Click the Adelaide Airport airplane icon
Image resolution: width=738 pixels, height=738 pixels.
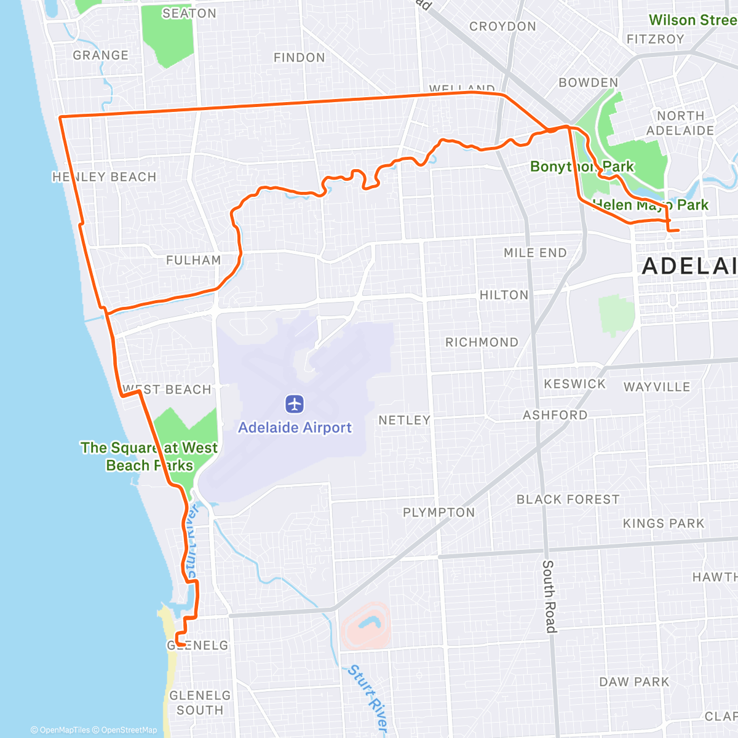(x=295, y=405)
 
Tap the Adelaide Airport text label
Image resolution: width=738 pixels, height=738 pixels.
(x=295, y=427)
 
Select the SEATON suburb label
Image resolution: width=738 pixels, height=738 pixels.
(x=189, y=14)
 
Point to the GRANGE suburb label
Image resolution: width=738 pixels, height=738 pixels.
(x=101, y=55)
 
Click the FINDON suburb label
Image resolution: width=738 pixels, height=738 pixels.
(x=300, y=58)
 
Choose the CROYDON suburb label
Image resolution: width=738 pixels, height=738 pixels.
(x=502, y=26)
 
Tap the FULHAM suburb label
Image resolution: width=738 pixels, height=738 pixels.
(x=194, y=260)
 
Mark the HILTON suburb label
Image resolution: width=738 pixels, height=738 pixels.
(x=504, y=295)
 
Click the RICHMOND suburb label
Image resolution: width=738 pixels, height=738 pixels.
(x=482, y=342)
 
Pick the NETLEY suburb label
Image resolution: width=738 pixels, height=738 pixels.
(x=404, y=420)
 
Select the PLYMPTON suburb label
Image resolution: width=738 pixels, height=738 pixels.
(x=439, y=512)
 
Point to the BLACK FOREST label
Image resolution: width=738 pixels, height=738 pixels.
(x=568, y=499)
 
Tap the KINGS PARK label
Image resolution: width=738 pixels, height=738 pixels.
(x=664, y=523)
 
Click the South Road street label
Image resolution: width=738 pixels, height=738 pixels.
(x=549, y=596)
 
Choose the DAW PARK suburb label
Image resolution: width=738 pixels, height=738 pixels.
(x=634, y=682)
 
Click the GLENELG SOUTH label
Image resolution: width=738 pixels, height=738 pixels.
(x=200, y=702)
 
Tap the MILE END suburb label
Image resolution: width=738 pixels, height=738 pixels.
(x=535, y=253)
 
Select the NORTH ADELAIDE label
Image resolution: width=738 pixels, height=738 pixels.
(x=680, y=123)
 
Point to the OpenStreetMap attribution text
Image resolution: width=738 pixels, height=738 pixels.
(x=129, y=730)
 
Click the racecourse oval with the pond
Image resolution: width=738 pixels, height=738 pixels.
(x=365, y=626)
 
